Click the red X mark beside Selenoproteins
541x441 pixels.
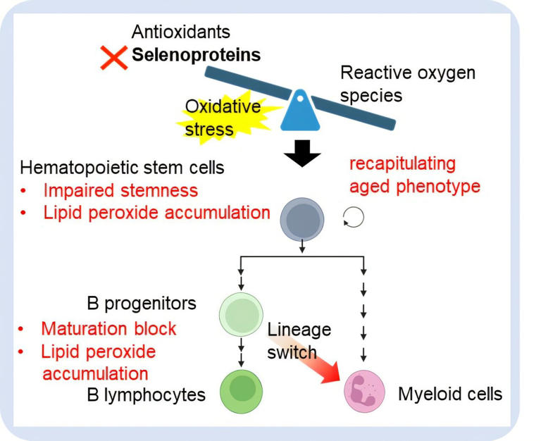(x=113, y=57)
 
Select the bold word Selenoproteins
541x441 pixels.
(x=196, y=55)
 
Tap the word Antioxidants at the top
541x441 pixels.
(x=181, y=32)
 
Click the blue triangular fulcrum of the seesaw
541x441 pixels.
(x=301, y=111)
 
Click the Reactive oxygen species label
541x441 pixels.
(x=407, y=83)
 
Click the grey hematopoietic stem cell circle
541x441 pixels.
(x=302, y=218)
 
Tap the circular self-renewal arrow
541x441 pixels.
(x=354, y=218)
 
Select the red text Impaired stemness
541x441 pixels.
(x=120, y=191)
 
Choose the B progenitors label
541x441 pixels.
(x=142, y=304)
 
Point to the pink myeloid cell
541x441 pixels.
(x=364, y=390)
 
